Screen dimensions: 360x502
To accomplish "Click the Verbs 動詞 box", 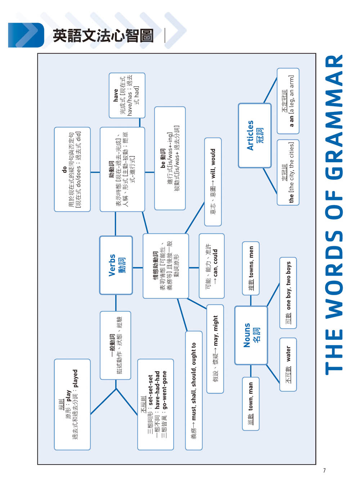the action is (116, 265).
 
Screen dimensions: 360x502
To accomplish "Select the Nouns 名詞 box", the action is (251, 335).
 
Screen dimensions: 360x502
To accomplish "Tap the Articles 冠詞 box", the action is (255, 136).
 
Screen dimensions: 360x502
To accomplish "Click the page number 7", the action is (324, 470).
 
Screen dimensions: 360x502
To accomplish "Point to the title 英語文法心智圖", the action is (103, 36).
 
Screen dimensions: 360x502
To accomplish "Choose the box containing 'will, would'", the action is (213, 182).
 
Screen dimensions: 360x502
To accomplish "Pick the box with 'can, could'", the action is (212, 266).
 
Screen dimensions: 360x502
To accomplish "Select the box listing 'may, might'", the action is (215, 349).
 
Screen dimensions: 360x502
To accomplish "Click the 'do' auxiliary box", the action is (72, 169).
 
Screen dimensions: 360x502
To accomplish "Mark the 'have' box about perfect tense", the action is (127, 95).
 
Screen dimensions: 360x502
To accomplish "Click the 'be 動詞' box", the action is (170, 158).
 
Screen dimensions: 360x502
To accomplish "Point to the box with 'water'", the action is (288, 365).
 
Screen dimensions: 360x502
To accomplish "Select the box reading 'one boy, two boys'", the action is (288, 293).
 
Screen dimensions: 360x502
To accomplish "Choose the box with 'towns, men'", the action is (251, 268).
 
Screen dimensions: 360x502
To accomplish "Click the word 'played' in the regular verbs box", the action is (75, 379).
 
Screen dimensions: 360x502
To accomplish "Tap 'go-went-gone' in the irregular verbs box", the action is (165, 390).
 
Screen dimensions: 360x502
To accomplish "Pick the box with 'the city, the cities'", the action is (288, 172).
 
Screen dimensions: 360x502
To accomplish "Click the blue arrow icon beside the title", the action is (26, 35).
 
